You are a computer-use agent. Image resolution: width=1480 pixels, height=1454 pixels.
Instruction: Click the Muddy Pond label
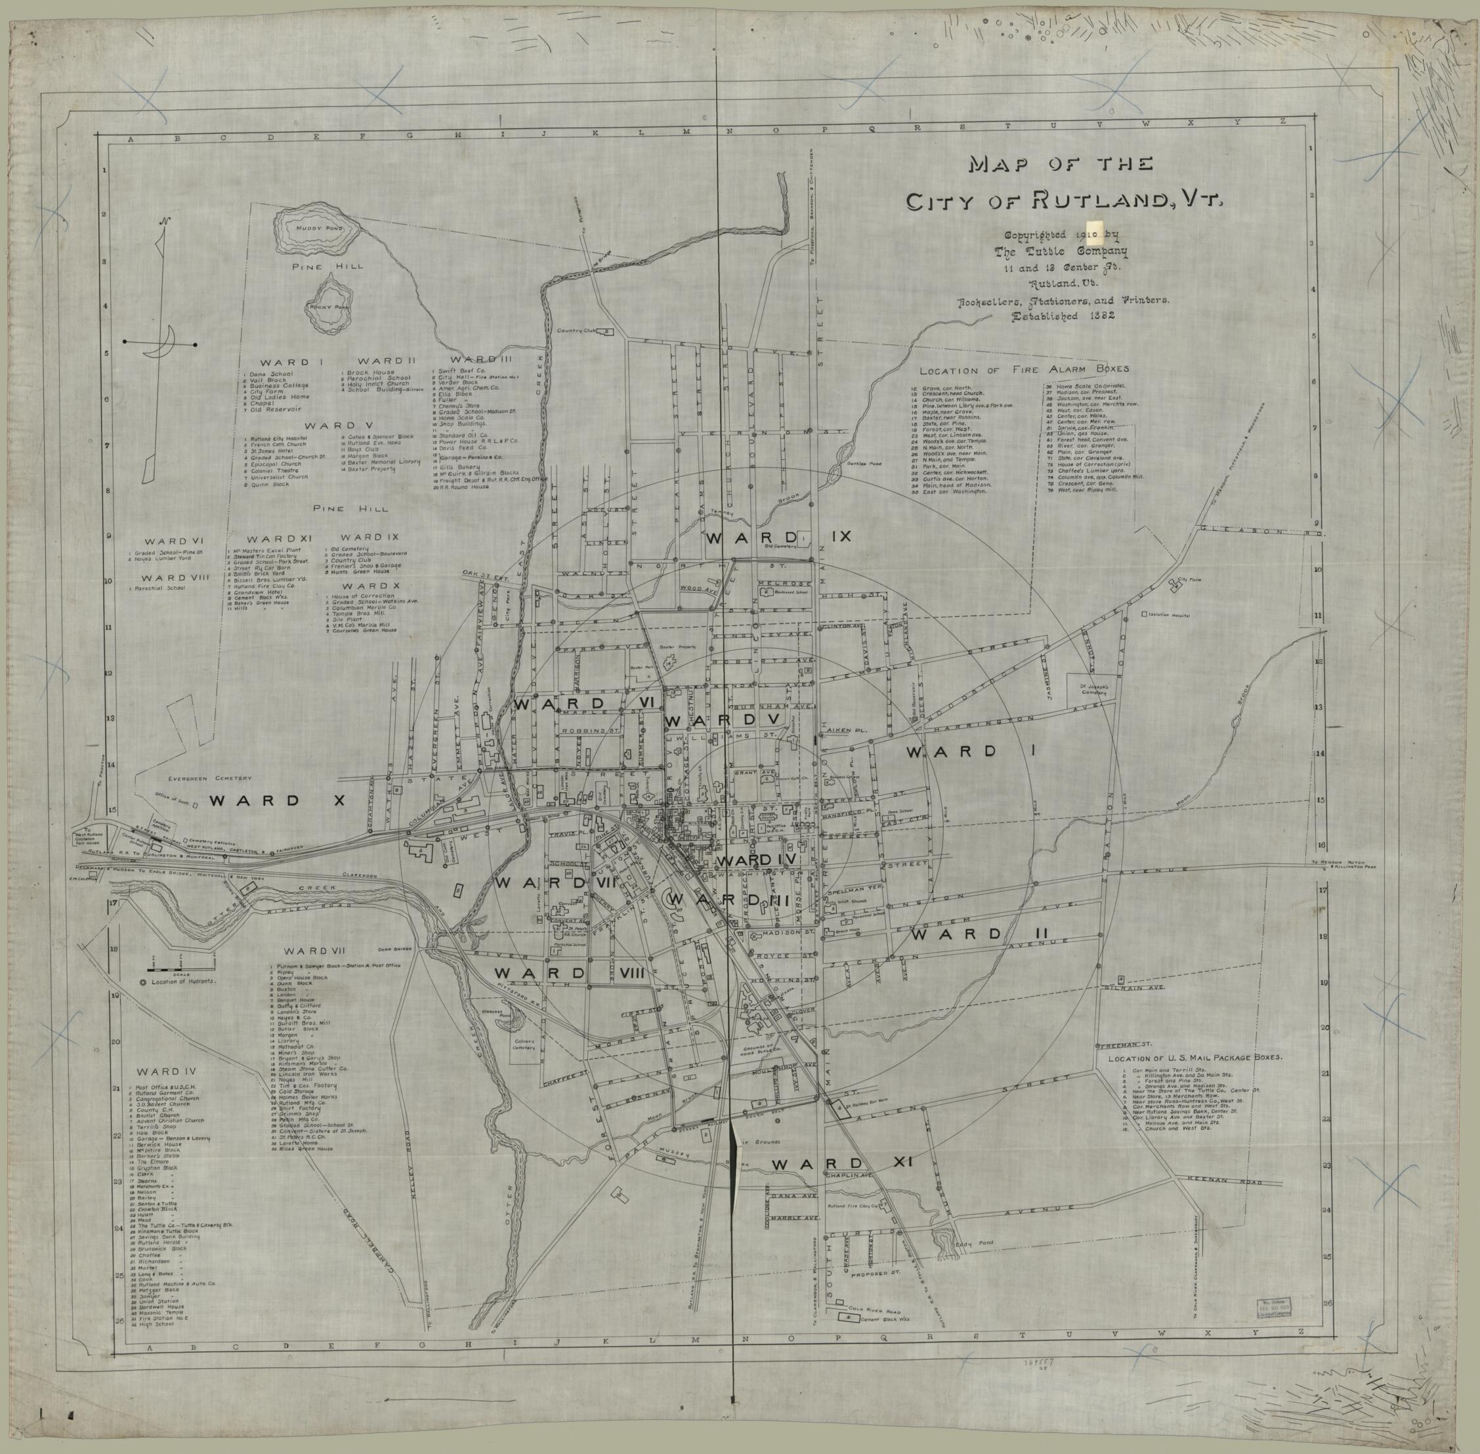(x=314, y=228)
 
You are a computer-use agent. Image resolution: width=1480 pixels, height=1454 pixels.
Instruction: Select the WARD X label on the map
(x=276, y=801)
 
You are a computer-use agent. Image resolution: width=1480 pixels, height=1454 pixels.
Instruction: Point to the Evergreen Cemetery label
(x=214, y=778)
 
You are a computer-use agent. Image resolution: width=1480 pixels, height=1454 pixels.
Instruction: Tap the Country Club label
(x=575, y=331)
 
